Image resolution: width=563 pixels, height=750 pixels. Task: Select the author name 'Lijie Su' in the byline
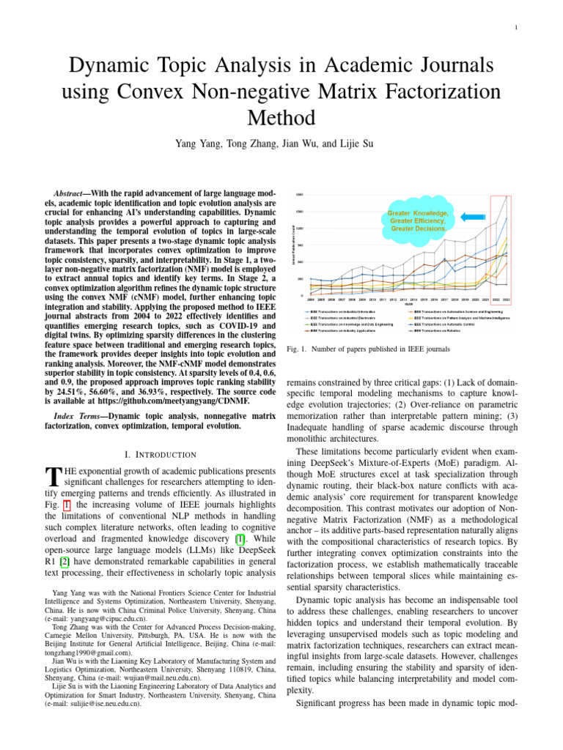(353, 144)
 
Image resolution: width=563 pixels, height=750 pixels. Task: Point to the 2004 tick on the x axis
(311, 300)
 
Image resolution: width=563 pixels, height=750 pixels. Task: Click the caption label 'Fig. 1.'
(295, 349)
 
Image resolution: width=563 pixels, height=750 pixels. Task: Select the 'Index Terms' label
(76, 415)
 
